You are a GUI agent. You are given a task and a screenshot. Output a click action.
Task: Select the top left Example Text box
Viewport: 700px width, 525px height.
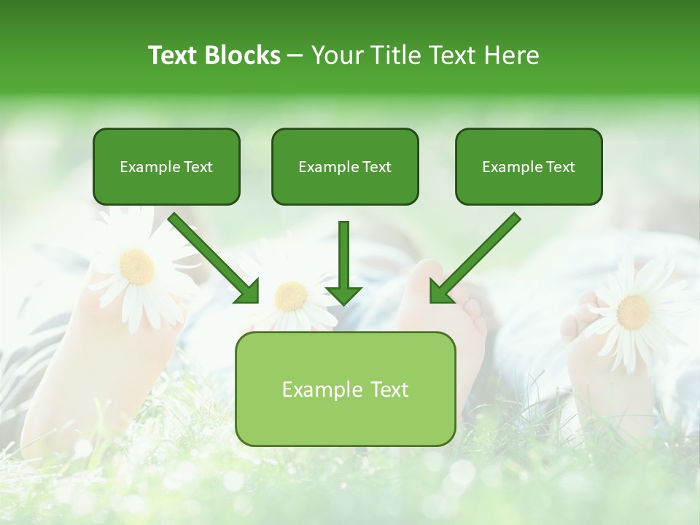166,166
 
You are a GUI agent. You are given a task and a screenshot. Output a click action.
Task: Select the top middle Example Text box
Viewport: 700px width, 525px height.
345,166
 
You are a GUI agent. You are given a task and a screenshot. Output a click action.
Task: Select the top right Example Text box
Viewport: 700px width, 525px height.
529,166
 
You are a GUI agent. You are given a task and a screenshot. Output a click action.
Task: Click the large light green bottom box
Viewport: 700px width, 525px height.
345,389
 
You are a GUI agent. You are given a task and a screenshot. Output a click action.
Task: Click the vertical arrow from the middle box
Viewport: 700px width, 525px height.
343,255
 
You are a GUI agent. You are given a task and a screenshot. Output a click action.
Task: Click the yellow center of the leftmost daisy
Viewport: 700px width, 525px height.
136,267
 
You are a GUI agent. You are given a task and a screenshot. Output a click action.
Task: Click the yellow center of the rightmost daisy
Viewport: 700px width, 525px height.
633,311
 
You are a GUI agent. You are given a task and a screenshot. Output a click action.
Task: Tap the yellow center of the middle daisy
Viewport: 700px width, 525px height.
292,295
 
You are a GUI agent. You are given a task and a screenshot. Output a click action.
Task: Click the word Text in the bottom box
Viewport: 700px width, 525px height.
386,389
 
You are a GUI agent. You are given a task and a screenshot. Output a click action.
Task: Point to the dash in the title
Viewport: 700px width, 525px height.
295,56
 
